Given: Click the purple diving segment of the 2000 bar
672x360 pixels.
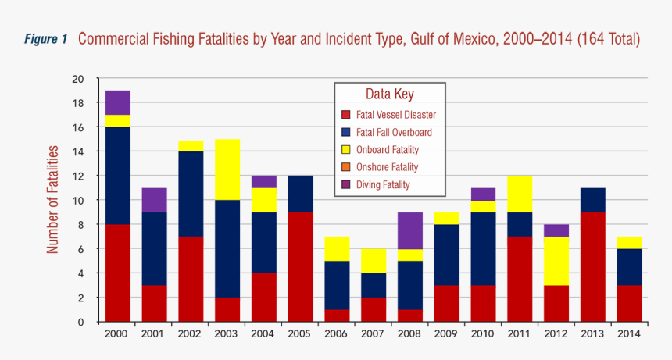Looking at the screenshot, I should coord(117,102).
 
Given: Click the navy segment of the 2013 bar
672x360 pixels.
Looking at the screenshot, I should coord(592,200).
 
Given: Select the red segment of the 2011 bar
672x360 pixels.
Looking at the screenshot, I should coord(519,279).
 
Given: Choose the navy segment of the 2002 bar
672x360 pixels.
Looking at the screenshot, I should coord(191,194).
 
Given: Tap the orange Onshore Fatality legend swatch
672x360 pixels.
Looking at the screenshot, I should coord(346,167).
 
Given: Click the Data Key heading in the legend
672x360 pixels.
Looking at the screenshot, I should coord(389,94).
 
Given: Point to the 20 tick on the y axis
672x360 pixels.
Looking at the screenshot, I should coord(77,79).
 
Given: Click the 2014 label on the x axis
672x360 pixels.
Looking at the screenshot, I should coord(629,333).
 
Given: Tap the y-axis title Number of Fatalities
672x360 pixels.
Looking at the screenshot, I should coord(52,198).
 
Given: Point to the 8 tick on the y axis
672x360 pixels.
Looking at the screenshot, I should coord(80,225).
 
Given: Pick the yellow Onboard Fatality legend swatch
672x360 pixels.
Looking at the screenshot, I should coord(346,150).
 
